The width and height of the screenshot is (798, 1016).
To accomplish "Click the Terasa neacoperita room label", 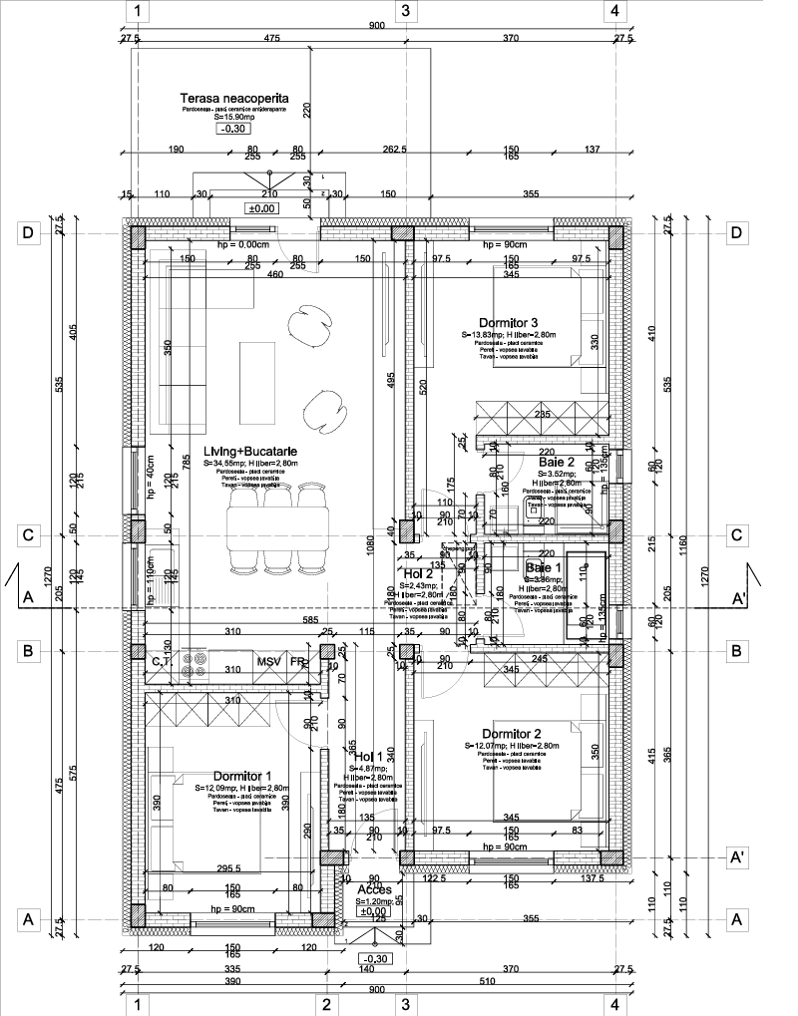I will (x=234, y=99).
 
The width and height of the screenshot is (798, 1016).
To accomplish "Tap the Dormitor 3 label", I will (x=508, y=322).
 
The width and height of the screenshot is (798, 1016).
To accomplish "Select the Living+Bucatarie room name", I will (x=250, y=452).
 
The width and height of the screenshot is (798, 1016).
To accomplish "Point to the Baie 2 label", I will (x=557, y=463).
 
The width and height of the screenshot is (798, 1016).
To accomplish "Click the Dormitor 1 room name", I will (x=242, y=776).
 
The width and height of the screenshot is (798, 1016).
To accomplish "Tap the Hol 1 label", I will (x=368, y=757).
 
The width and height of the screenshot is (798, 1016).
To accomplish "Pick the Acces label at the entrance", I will (x=374, y=889).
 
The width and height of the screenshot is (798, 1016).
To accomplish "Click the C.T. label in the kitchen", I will (x=162, y=661).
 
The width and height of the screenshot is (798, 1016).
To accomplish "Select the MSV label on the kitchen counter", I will (x=268, y=661).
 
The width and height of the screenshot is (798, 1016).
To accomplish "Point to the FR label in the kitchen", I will (x=298, y=661).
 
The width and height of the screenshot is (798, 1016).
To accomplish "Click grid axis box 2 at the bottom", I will (x=325, y=1004).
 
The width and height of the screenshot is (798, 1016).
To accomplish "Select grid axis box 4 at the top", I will (x=614, y=11).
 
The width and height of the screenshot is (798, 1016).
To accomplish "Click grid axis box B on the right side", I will (x=737, y=651).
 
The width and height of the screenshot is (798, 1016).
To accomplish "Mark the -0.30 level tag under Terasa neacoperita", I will (x=235, y=130).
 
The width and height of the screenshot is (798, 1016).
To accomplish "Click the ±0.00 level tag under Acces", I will (x=374, y=911).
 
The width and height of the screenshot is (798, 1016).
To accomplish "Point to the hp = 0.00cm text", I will (x=216, y=244).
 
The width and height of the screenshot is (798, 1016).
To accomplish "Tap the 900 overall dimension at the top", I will (x=376, y=25).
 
